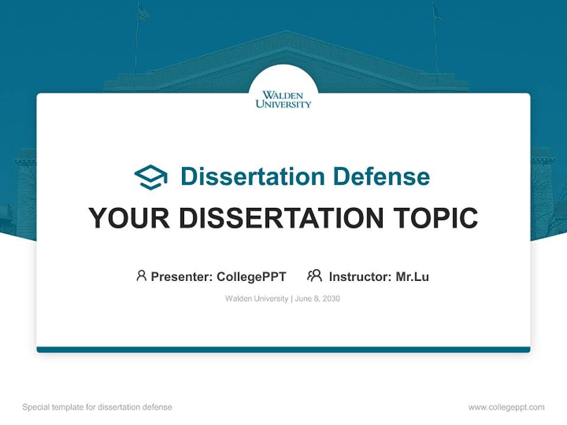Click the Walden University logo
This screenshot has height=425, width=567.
tap(283, 99)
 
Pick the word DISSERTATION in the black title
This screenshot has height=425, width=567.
tap(281, 218)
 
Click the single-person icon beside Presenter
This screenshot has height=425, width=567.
tap(141, 276)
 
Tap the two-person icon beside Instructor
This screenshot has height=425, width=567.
tap(314, 276)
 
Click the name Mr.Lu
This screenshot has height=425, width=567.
tap(412, 276)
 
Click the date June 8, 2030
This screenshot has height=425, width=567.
tap(317, 299)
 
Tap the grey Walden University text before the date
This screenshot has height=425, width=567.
tap(256, 299)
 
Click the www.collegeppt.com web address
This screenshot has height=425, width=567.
tap(506, 407)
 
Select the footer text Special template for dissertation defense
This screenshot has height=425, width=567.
tap(97, 407)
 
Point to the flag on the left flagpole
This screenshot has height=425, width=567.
tap(144, 14)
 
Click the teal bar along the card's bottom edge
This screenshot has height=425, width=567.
tap(283, 349)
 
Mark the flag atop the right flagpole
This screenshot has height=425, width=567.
tap(436, 12)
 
